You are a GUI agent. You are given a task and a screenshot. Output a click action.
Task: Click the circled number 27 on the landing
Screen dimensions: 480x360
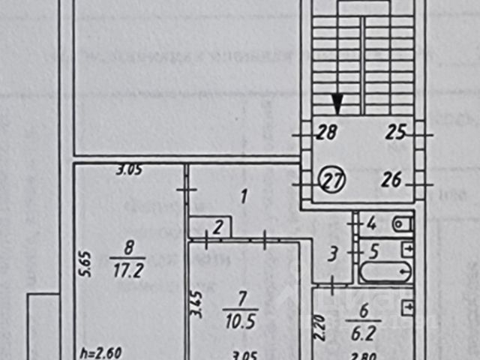point(331,180)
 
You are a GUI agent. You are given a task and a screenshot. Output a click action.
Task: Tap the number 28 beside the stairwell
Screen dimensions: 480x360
point(326,133)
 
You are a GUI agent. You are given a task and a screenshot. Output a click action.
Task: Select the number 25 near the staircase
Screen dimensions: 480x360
point(396,133)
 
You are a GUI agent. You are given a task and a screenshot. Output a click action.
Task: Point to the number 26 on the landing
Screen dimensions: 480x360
point(392,180)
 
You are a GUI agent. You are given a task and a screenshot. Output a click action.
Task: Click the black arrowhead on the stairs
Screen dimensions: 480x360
point(338,104)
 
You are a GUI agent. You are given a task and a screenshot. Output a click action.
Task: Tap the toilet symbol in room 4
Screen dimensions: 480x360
point(401,223)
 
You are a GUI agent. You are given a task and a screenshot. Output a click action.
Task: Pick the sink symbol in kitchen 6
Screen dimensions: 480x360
point(407,307)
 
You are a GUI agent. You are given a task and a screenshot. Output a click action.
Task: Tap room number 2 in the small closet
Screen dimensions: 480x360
point(217,227)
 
